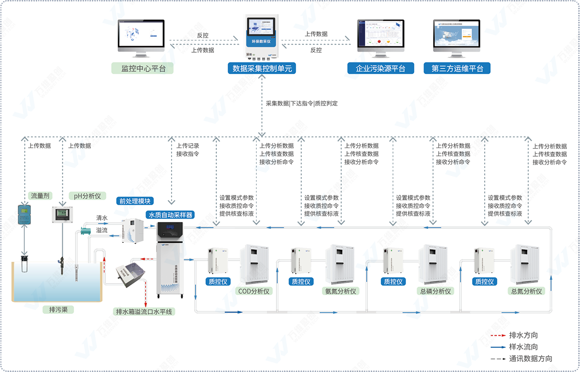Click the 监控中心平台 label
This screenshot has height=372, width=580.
pos(143,69)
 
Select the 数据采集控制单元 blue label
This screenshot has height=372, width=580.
pos(262,69)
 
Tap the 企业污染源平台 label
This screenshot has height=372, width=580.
pos(380,69)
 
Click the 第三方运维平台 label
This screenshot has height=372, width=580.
pos(457,69)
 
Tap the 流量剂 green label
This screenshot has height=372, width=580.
pos(41,196)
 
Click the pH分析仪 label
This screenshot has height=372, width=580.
pos(87,196)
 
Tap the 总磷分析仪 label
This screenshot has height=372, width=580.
pos(434,291)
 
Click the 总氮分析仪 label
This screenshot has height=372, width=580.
pos(526,291)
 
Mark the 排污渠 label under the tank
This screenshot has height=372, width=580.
pos(58,309)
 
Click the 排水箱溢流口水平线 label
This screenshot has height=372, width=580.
pos(144,312)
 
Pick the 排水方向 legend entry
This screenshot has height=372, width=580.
pos(523,335)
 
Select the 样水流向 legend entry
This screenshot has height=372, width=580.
pos(523,347)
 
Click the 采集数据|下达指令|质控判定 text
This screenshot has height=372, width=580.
pos(302,103)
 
